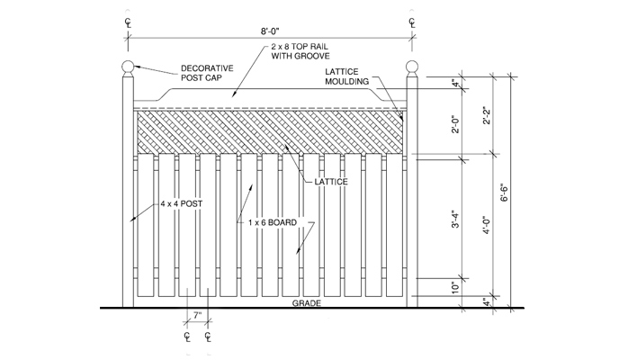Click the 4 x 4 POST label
(181, 203)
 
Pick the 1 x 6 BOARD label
(273, 220)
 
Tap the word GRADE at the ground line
(307, 303)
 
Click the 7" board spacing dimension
(197, 317)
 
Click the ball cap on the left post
(128, 67)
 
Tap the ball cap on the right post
(413, 67)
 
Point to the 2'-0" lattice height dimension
(455, 125)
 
